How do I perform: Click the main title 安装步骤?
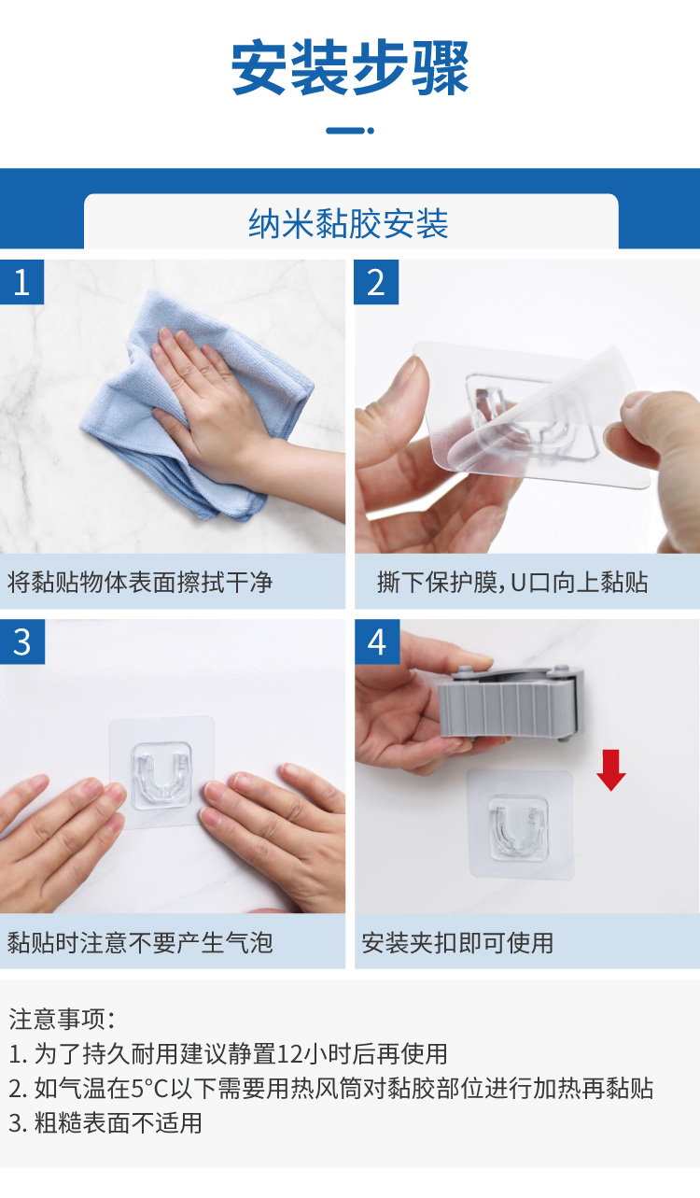click(x=350, y=68)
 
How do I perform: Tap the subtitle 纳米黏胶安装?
click(x=349, y=224)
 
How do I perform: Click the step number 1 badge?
click(x=22, y=282)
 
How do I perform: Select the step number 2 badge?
click(x=376, y=282)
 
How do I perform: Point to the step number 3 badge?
click(x=22, y=642)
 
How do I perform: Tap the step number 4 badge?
click(x=376, y=642)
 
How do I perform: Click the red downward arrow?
click(x=611, y=768)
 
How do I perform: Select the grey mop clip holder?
click(x=511, y=702)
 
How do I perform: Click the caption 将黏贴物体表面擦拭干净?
click(x=140, y=584)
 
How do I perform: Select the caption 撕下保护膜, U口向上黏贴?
click(x=512, y=584)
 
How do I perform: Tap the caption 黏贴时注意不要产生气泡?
click(x=140, y=942)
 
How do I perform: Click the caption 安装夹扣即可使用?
click(x=457, y=943)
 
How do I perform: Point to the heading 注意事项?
click(x=62, y=1019)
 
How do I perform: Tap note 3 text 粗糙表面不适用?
click(x=118, y=1122)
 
